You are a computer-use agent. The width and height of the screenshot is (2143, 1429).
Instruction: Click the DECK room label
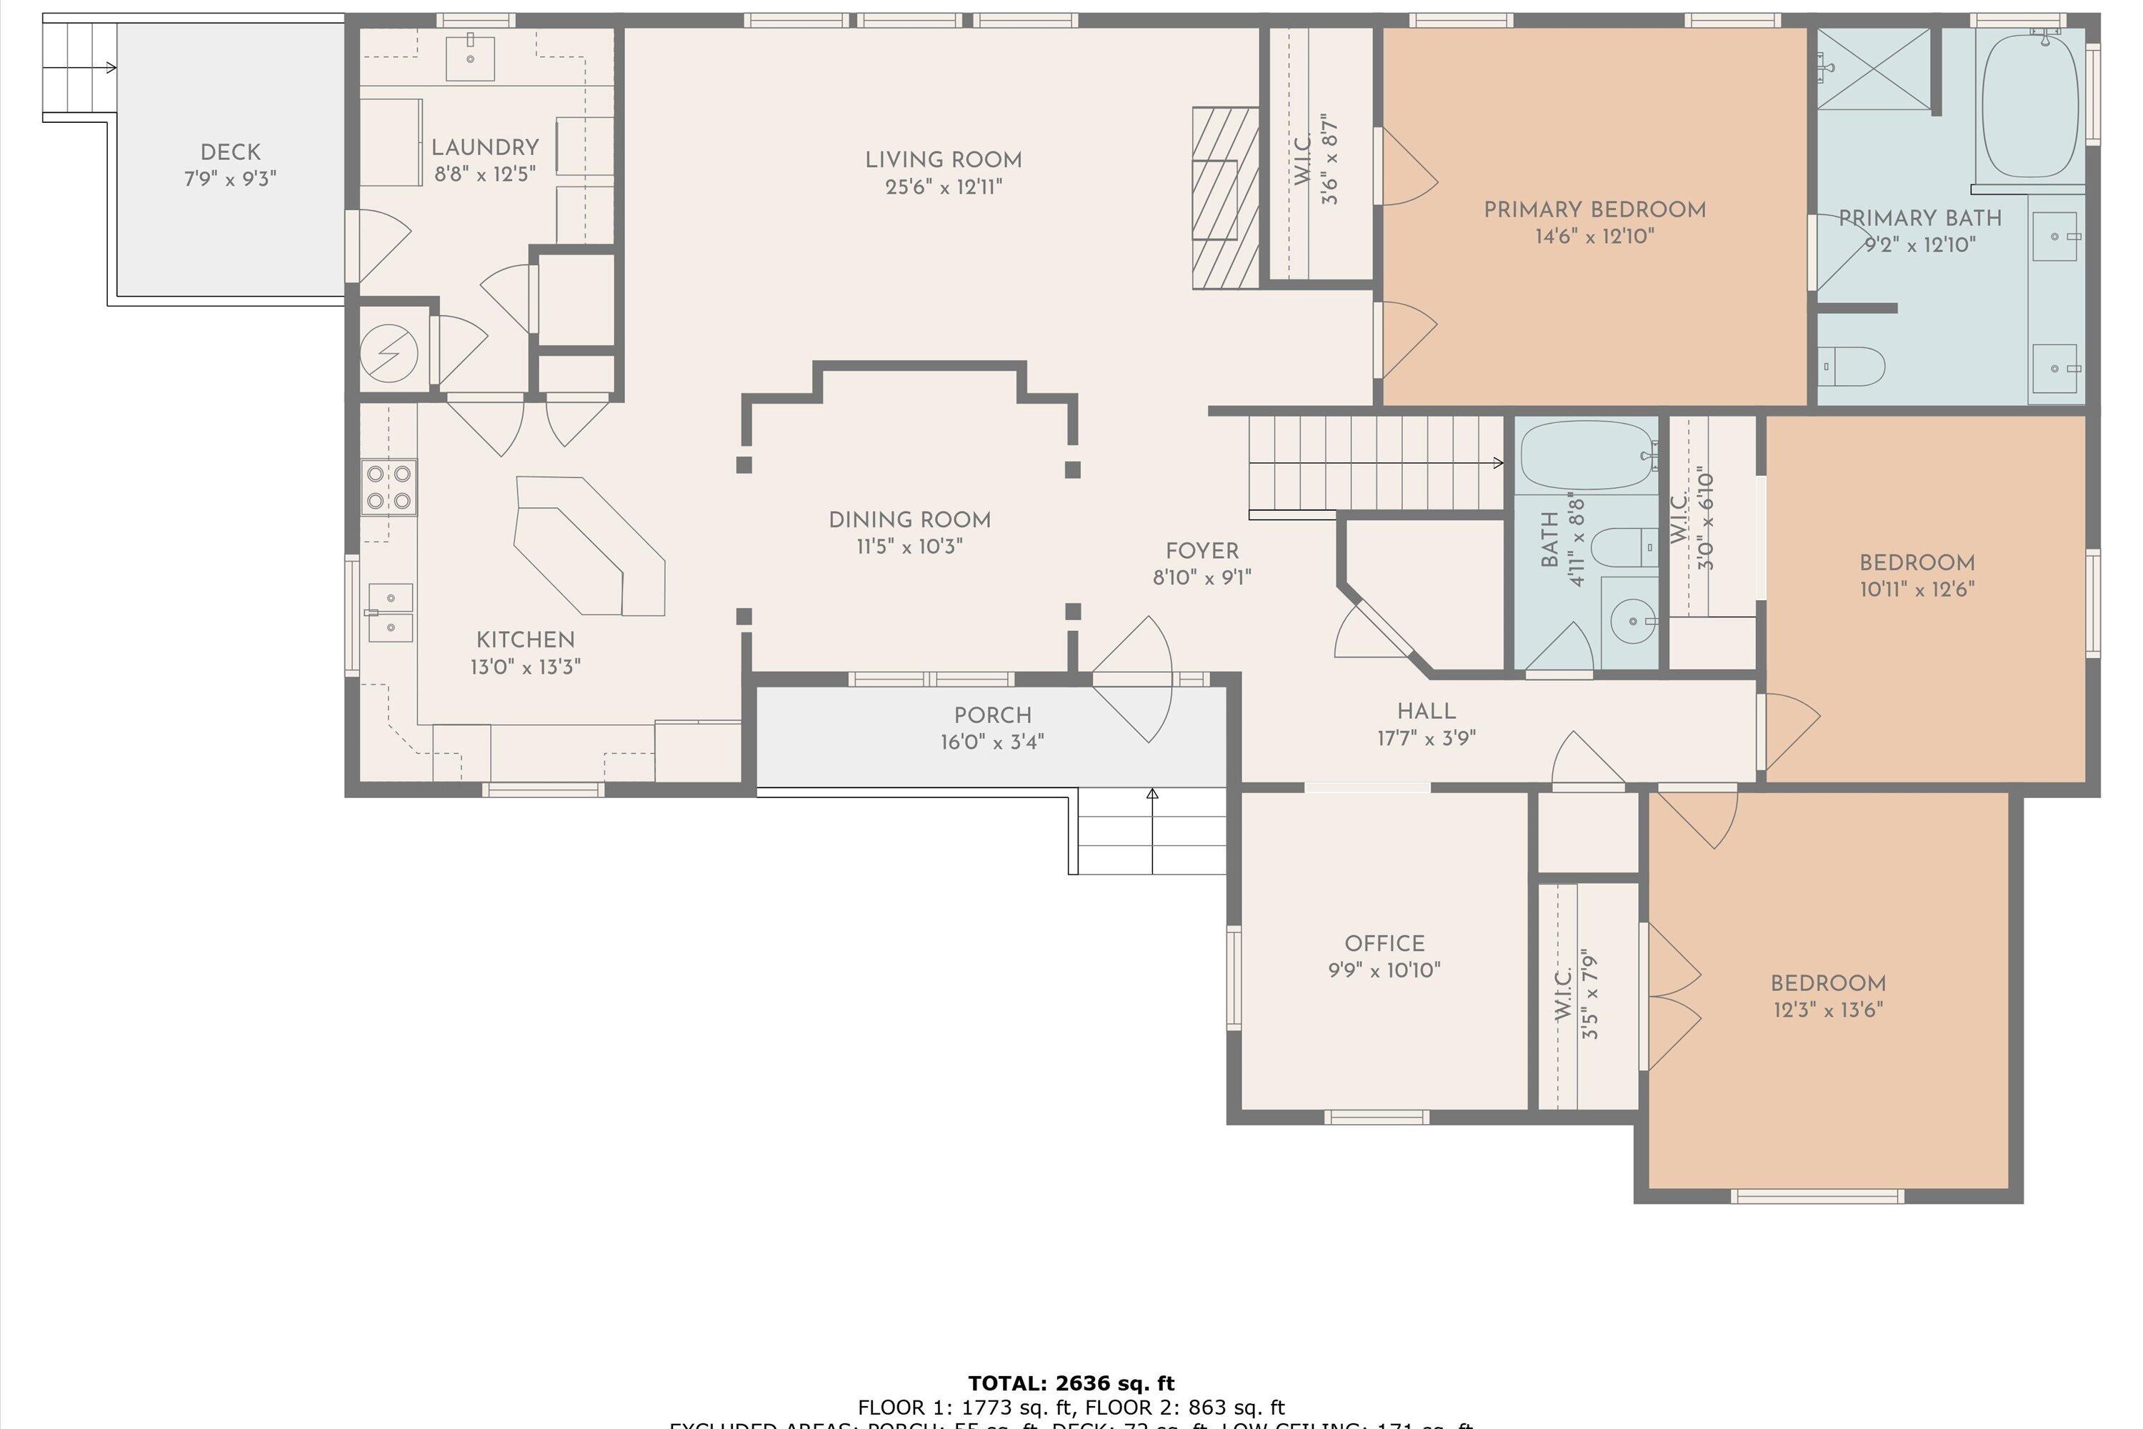(231, 152)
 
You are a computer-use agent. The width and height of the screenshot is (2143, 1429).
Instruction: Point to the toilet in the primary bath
(1855, 367)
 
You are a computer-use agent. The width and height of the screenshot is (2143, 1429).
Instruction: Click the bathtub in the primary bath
(2030, 106)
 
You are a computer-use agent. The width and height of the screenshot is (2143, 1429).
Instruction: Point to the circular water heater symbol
(389, 353)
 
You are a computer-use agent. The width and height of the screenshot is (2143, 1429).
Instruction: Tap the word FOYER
(1202, 552)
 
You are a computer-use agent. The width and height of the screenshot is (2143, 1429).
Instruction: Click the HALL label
(1426, 711)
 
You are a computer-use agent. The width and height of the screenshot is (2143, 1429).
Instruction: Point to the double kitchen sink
(391, 612)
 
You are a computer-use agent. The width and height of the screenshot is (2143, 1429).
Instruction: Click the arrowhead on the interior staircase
(1498, 463)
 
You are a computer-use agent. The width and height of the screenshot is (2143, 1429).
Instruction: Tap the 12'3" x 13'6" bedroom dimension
(1828, 1010)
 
